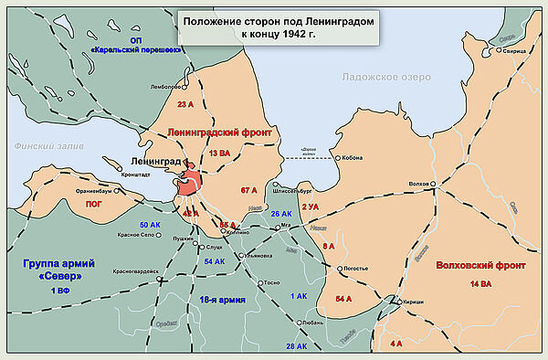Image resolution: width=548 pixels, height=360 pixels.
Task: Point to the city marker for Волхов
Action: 436,184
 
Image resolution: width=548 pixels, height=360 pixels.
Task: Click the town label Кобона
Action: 351,157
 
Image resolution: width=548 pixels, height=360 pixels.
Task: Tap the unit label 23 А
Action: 187,104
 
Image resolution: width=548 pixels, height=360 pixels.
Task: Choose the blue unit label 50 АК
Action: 150,225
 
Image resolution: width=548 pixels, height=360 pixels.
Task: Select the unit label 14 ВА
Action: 479,286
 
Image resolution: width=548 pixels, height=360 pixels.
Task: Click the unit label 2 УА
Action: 310,207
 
